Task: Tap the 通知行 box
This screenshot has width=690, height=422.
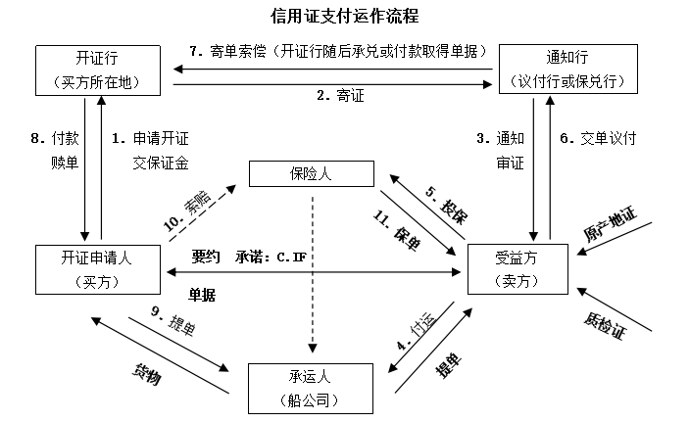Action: point(562,70)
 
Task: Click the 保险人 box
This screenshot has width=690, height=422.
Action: point(311,175)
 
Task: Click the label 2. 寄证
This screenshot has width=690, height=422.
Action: point(339,96)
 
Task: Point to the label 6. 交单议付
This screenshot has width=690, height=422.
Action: point(598,139)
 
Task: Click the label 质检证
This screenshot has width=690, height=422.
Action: point(605,323)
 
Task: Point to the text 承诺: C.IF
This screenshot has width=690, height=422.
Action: point(271,257)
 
